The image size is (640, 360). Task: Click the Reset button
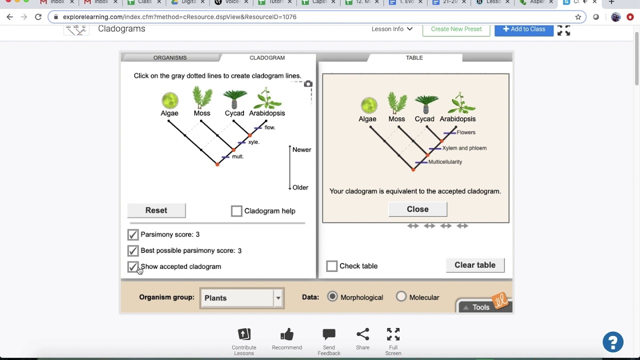tap(156, 210)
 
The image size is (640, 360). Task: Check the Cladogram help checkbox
tap(236, 211)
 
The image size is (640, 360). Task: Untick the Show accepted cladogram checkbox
tap(132, 266)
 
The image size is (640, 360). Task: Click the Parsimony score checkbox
tap(132, 234)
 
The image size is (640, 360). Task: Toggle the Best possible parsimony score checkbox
tap(132, 250)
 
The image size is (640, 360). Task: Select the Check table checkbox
tap(331, 266)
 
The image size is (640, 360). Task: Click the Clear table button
tap(474, 265)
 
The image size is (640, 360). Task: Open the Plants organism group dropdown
tap(242, 298)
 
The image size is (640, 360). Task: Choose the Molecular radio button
tap(401, 297)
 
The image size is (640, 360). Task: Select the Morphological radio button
tap(332, 297)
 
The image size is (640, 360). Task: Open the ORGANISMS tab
tap(170, 58)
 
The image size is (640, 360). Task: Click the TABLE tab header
tap(414, 58)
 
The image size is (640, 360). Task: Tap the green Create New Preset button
tap(456, 29)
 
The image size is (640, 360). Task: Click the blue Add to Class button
tap(523, 29)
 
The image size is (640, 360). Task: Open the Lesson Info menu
tap(392, 29)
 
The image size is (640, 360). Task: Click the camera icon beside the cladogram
tap(308, 84)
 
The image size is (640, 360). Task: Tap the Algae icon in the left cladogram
tap(169, 100)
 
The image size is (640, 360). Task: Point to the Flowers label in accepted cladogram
tap(466, 132)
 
